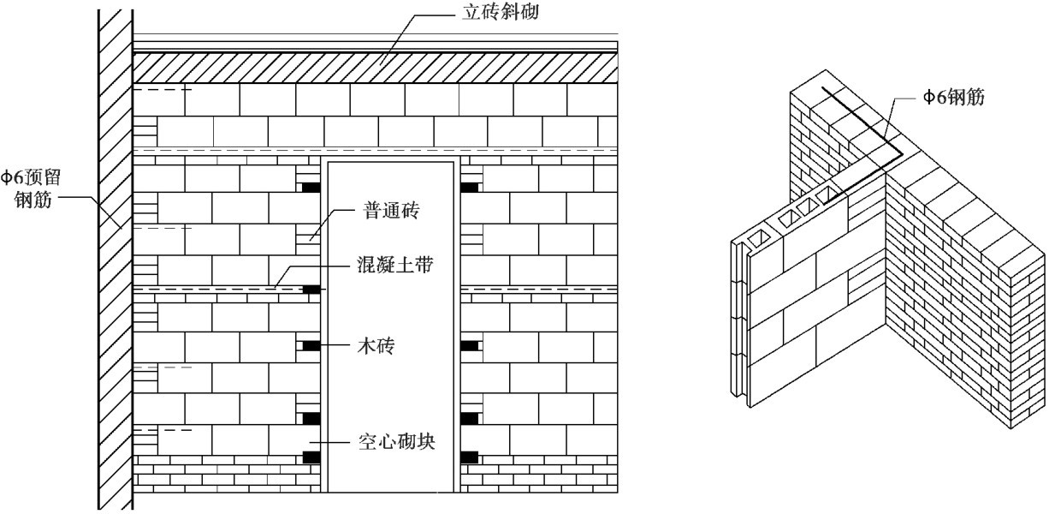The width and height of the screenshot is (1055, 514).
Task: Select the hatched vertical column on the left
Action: tap(115, 257)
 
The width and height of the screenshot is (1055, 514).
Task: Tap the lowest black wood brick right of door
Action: tap(470, 457)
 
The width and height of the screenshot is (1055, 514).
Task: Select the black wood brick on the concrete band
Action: tap(312, 290)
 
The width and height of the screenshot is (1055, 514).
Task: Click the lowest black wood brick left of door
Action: tap(311, 457)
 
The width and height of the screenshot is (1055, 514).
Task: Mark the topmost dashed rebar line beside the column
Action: tap(163, 89)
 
